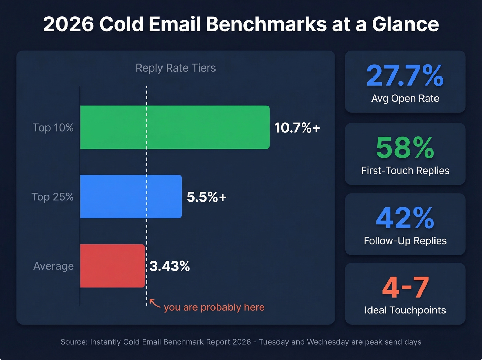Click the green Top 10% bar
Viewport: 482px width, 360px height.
pyautogui.click(x=175, y=127)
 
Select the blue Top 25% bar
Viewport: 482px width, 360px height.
pyautogui.click(x=131, y=197)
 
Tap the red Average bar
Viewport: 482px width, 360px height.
pyautogui.click(x=112, y=266)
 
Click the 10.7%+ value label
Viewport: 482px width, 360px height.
pyautogui.click(x=297, y=128)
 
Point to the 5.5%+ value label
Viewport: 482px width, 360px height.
pyautogui.click(x=207, y=197)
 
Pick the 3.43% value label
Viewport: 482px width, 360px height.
pyautogui.click(x=170, y=266)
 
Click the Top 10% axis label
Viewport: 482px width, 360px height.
pyautogui.click(x=53, y=128)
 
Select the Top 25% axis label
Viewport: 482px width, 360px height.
pyautogui.click(x=52, y=197)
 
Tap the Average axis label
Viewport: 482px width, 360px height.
pyautogui.click(x=53, y=266)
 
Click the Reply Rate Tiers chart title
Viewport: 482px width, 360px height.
pyautogui.click(x=176, y=68)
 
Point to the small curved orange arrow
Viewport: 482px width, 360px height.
pyautogui.click(x=155, y=304)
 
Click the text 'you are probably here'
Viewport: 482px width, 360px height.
pyautogui.click(x=214, y=307)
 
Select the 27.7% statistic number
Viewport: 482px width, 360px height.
pyautogui.click(x=405, y=76)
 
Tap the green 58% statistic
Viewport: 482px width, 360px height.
pyautogui.click(x=405, y=148)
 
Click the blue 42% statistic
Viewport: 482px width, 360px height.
pyautogui.click(x=405, y=218)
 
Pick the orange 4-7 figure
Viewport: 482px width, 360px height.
pyautogui.click(x=405, y=288)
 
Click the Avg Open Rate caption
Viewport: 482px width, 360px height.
pyautogui.click(x=405, y=99)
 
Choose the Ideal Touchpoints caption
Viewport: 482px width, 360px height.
pyautogui.click(x=405, y=310)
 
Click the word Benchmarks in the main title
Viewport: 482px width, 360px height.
pyautogui.click(x=266, y=24)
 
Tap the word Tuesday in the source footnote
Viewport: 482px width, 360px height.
pyautogui.click(x=274, y=342)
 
